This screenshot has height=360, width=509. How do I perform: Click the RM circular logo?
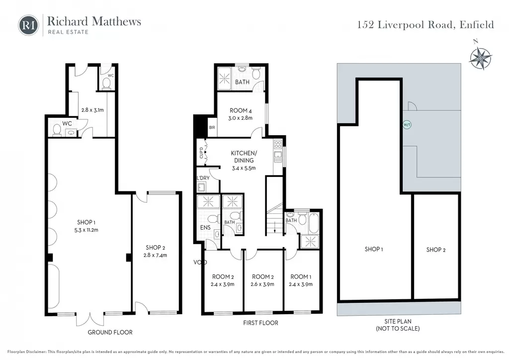pos(28,25)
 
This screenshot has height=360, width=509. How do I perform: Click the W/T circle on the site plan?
pos(407,125)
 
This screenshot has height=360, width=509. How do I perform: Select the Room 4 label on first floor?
pos(241,111)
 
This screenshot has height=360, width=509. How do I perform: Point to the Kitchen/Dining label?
pos(244,157)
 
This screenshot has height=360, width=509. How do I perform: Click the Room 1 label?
pos(301,277)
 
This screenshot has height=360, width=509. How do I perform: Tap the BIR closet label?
pos(212,128)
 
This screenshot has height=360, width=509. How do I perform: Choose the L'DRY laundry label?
pos(203,178)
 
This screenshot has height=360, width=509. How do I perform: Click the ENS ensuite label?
pos(205,228)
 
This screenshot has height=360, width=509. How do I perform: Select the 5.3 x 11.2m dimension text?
pos(86,230)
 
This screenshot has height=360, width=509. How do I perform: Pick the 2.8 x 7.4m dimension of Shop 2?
pos(155,255)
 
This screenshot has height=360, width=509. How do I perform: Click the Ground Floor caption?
pos(110,333)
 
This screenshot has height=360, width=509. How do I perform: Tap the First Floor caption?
pos(260,323)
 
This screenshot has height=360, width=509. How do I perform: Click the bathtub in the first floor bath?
pos(314,222)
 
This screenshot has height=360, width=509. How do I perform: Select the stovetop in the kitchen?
pos(277,144)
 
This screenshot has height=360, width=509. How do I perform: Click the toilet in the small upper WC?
pos(106,83)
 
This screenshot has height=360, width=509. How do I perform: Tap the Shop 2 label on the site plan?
pos(435,250)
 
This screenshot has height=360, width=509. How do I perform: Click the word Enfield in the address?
pos(477,25)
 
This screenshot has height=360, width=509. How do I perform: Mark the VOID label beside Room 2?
pos(200,262)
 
